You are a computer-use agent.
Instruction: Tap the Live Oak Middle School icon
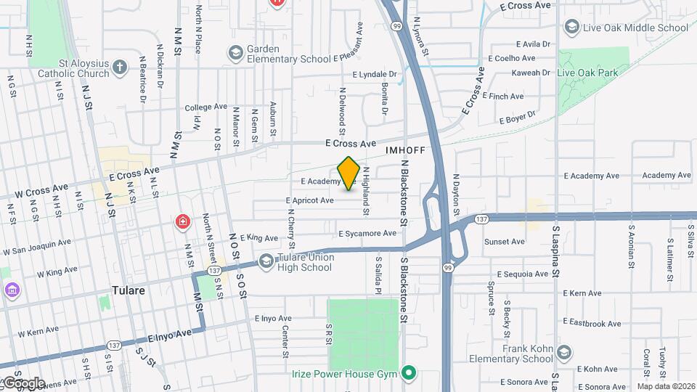(x=571, y=28)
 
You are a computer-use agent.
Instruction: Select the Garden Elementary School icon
(x=235, y=53)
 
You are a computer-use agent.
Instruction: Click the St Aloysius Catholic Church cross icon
(x=121, y=68)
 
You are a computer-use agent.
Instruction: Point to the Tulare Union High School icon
(x=266, y=261)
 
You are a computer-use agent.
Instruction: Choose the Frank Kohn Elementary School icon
(x=565, y=353)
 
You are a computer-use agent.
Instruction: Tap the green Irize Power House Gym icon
(x=409, y=374)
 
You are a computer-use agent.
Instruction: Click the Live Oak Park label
(x=587, y=73)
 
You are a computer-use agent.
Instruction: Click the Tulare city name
(x=129, y=290)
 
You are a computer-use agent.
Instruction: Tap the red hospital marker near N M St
(x=182, y=221)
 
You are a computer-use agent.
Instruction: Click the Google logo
(x=23, y=383)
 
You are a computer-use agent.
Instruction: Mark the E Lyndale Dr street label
(x=375, y=74)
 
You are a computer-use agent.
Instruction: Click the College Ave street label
(x=205, y=107)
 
